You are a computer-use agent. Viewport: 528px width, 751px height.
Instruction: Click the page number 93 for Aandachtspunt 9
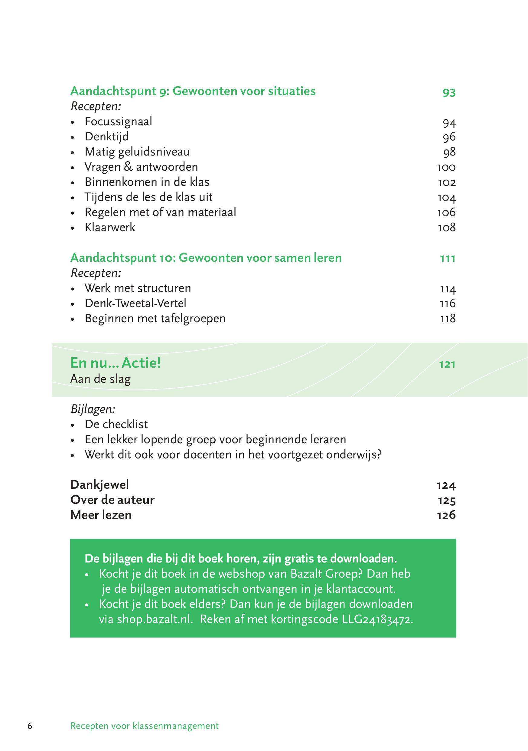[449, 92]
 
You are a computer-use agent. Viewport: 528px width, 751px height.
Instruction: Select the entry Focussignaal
[118, 122]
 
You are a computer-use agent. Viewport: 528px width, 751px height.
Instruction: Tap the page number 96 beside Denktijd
[449, 137]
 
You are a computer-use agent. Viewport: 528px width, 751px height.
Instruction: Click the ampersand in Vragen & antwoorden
[128, 167]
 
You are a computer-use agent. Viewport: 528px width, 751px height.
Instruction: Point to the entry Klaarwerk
[110, 227]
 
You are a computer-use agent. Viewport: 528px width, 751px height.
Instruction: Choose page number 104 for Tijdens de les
[447, 198]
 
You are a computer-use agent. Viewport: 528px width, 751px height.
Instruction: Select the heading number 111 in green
[448, 259]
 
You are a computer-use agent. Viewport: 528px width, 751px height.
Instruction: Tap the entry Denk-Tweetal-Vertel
[135, 303]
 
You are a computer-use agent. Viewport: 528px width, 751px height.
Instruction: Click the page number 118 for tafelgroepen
[448, 319]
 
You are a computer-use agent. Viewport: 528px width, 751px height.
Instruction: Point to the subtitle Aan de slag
[100, 379]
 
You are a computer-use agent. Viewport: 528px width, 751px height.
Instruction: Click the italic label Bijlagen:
[93, 409]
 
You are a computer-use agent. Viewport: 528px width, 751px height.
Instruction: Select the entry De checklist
[116, 425]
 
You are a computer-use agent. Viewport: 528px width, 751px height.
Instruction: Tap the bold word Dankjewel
[100, 485]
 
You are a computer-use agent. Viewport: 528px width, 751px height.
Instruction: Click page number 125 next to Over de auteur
[447, 500]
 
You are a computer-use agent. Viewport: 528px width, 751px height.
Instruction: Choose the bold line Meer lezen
[101, 515]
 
